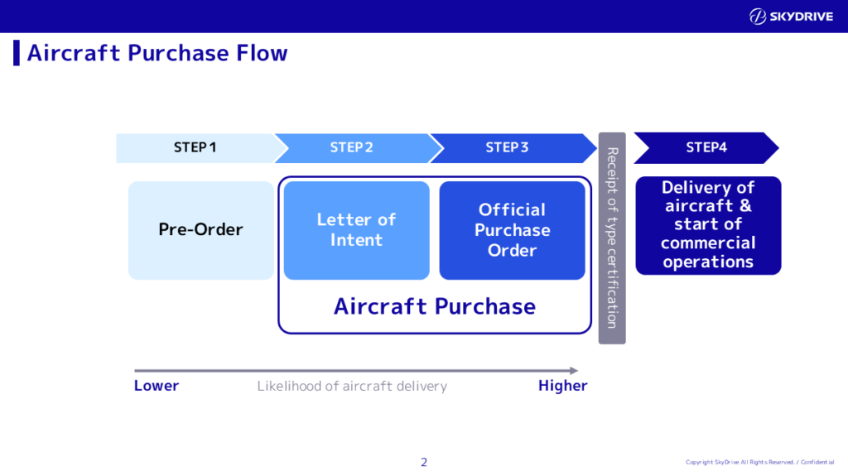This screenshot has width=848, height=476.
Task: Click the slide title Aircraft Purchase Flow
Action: point(157,53)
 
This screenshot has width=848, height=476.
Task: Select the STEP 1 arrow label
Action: point(195,147)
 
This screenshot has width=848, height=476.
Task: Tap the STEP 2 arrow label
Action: point(351,147)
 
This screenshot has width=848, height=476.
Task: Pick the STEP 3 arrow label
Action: point(507,147)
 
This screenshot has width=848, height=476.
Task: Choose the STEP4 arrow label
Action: point(706,147)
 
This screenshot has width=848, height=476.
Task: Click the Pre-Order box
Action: point(200,229)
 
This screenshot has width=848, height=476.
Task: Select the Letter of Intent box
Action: point(356,229)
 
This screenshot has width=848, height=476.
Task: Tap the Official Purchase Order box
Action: point(512,229)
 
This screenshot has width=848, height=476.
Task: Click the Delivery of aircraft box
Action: point(708,224)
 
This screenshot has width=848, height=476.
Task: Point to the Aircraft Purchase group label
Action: point(435,306)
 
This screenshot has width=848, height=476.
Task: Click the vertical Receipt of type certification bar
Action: point(612,238)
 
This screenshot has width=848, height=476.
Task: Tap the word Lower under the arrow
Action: point(157,386)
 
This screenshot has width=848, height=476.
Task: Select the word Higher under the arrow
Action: point(562,386)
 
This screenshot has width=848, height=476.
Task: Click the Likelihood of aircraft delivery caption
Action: point(352,386)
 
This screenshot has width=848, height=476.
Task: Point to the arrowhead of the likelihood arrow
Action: point(573,371)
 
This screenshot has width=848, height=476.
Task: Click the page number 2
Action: point(424,462)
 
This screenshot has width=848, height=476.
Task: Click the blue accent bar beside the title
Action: point(16,52)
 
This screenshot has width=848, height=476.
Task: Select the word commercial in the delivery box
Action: point(708,243)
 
